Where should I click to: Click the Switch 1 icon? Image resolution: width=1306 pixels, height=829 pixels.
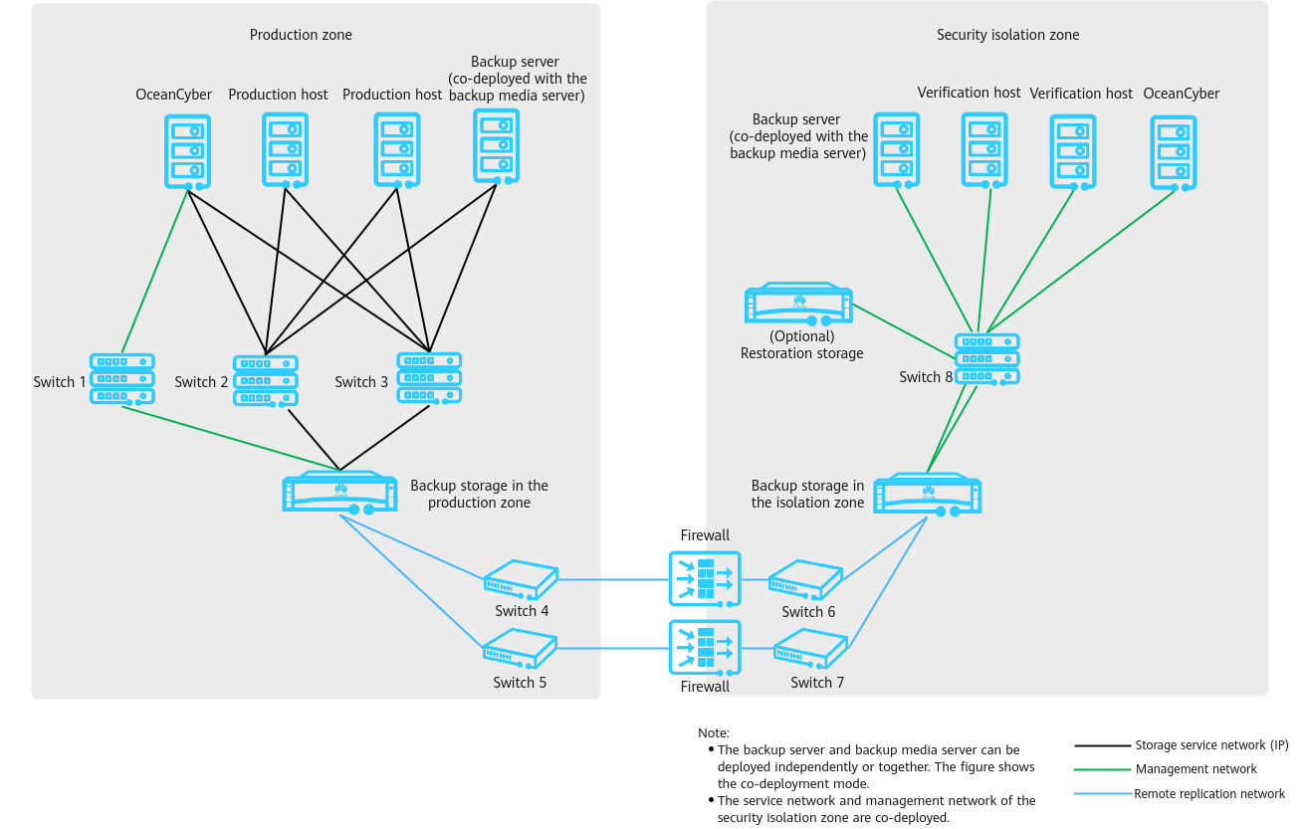pos(121,379)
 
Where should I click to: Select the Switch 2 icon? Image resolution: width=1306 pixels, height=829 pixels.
pos(265,381)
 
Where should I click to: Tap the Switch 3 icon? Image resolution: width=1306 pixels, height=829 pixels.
pos(429,378)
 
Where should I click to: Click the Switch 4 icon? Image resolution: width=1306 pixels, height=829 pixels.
pos(521,580)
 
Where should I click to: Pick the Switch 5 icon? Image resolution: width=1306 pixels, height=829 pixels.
pos(520,649)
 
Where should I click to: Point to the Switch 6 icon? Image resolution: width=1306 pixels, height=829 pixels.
pos(805,580)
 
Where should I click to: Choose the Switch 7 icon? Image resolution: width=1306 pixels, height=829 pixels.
pos(810,649)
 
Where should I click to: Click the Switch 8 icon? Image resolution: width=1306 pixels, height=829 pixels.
pos(986,359)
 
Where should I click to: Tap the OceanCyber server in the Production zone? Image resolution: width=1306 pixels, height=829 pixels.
pos(187,152)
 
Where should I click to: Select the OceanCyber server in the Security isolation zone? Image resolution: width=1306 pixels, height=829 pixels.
pos(1173,153)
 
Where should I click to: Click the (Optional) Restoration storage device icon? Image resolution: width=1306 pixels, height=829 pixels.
pos(798,304)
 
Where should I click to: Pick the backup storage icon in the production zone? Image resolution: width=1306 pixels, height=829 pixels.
pos(339,493)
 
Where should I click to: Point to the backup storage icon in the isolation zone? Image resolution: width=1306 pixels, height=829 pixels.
pos(927,495)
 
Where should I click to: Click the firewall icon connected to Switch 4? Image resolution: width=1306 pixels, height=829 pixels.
pos(705,579)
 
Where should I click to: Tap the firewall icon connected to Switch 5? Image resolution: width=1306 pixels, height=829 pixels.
pos(705,648)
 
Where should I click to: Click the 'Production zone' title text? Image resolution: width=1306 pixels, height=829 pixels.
pos(301,35)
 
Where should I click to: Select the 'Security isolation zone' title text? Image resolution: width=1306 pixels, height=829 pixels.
pos(1007,35)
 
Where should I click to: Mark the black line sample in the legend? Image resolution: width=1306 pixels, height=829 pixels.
pos(1102,745)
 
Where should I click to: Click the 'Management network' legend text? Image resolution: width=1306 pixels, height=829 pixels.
pos(1196,769)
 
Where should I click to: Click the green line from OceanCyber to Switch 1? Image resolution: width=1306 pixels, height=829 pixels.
pos(154,272)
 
